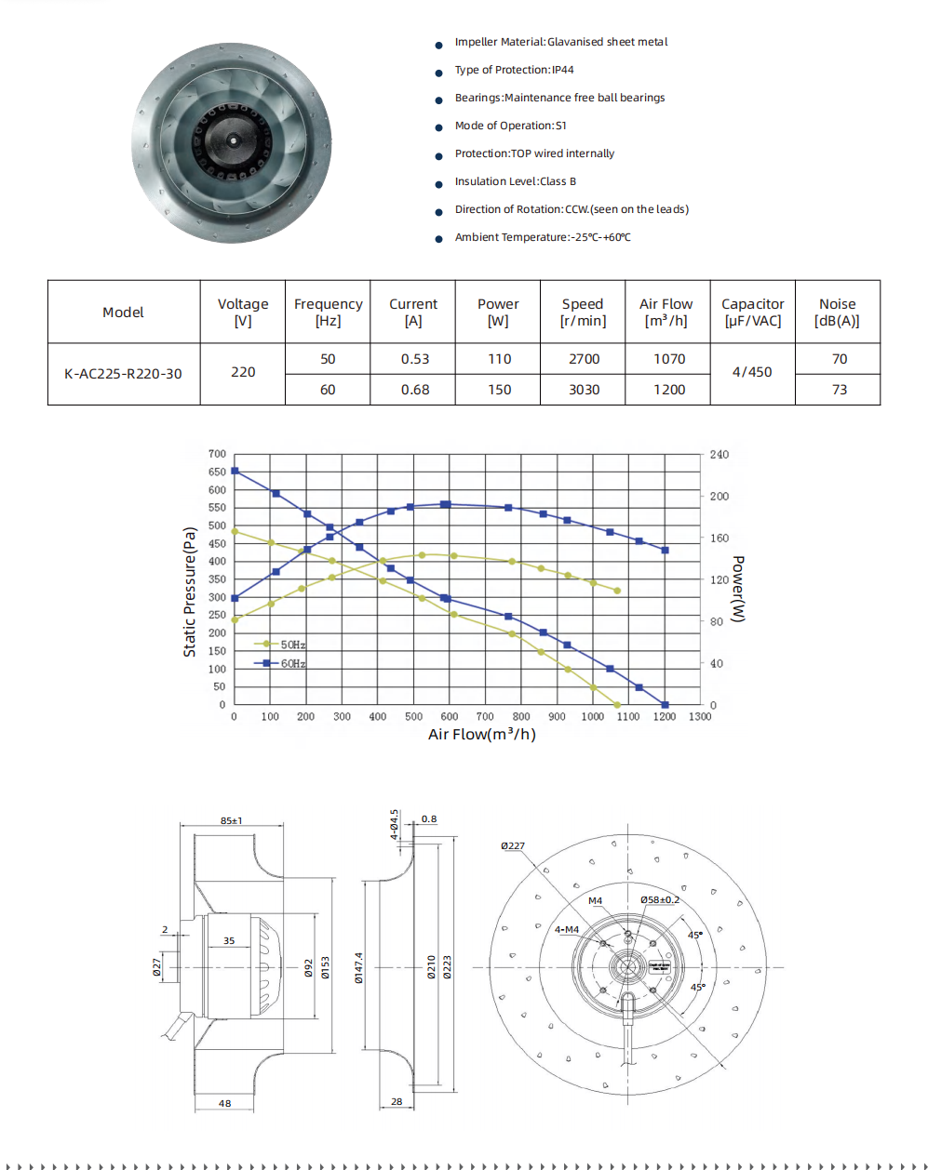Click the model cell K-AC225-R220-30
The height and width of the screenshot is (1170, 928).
coord(123,374)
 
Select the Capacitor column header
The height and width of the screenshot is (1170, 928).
coord(752,312)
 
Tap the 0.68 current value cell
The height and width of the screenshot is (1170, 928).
coord(414,390)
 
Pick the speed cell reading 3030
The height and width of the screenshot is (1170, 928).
coord(584,390)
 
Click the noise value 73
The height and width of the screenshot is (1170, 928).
coord(839,390)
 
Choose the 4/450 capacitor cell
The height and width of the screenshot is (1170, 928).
coord(752,372)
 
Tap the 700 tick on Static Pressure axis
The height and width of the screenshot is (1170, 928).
coord(217,454)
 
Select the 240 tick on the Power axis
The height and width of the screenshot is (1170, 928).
coord(720,455)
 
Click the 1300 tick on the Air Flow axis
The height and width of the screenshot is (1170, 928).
coord(700,716)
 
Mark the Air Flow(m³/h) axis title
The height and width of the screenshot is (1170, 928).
coord(481,735)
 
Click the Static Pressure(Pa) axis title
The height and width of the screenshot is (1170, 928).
coord(190,592)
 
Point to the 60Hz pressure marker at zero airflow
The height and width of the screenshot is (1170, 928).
coord(235,471)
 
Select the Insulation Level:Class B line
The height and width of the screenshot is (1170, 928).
coord(515,181)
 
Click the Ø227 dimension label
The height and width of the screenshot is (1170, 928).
coord(512,846)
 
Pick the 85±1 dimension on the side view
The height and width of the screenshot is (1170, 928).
coord(231,820)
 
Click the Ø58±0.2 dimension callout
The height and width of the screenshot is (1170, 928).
coord(659,899)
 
